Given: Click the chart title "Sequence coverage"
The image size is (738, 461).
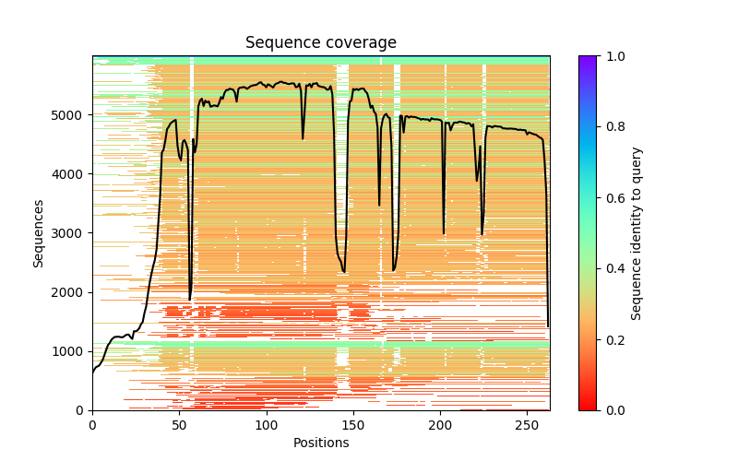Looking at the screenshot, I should [320, 43].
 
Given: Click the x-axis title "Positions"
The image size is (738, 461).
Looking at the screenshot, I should [320, 443].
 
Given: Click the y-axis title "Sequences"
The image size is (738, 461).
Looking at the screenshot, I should [39, 233].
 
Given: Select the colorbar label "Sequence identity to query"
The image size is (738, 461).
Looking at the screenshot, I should [637, 233].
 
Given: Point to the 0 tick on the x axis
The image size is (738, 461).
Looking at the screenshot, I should [92, 423].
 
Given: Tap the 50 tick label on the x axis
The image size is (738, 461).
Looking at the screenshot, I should [179, 423].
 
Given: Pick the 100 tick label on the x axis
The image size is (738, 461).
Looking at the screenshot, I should [266, 423].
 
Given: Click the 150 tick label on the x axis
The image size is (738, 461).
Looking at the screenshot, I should [353, 423].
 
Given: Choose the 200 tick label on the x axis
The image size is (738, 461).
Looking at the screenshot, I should [440, 423].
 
